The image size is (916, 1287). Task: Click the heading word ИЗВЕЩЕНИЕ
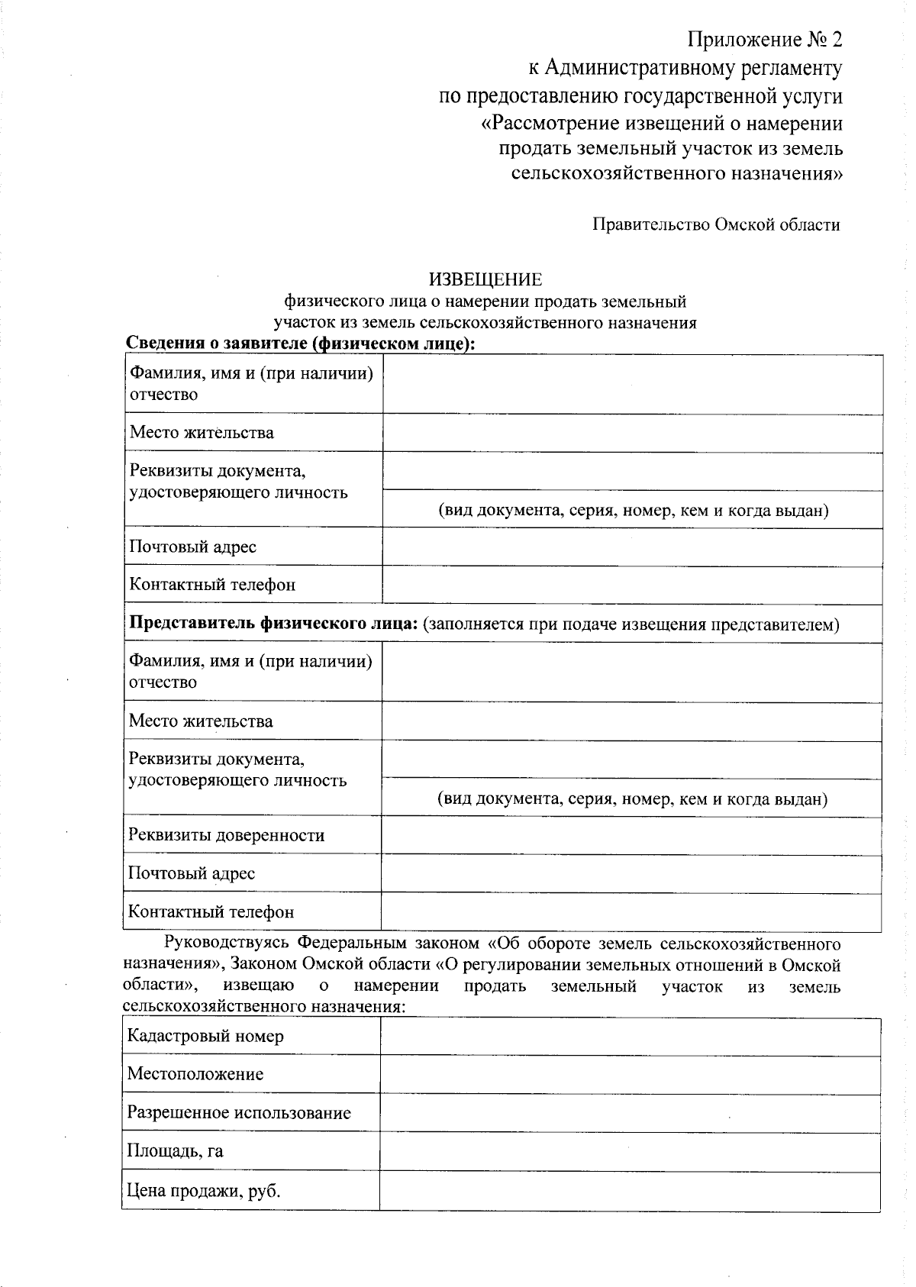tap(485, 279)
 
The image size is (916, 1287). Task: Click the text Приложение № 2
tap(765, 40)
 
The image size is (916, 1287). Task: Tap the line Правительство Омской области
tap(716, 224)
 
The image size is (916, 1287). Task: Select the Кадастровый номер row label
tap(205, 1036)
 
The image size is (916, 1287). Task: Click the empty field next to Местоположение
tap(630, 1075)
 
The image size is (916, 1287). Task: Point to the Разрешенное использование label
tap(239, 1112)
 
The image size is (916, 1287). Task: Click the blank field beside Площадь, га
tap(630, 1151)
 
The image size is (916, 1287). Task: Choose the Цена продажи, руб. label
tap(204, 1190)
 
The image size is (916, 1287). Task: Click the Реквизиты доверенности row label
tap(226, 834)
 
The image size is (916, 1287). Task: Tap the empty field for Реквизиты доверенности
tap(631, 835)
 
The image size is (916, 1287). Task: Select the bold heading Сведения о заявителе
tap(300, 344)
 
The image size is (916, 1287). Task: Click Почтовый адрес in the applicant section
tap(192, 547)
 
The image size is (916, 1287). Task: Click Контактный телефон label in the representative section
tap(211, 911)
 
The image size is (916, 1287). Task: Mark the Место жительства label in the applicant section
tap(202, 433)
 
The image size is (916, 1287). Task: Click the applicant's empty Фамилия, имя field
tap(632, 384)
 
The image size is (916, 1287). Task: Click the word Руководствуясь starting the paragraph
tap(224, 943)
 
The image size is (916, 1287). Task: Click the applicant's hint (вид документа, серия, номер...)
tap(633, 510)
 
